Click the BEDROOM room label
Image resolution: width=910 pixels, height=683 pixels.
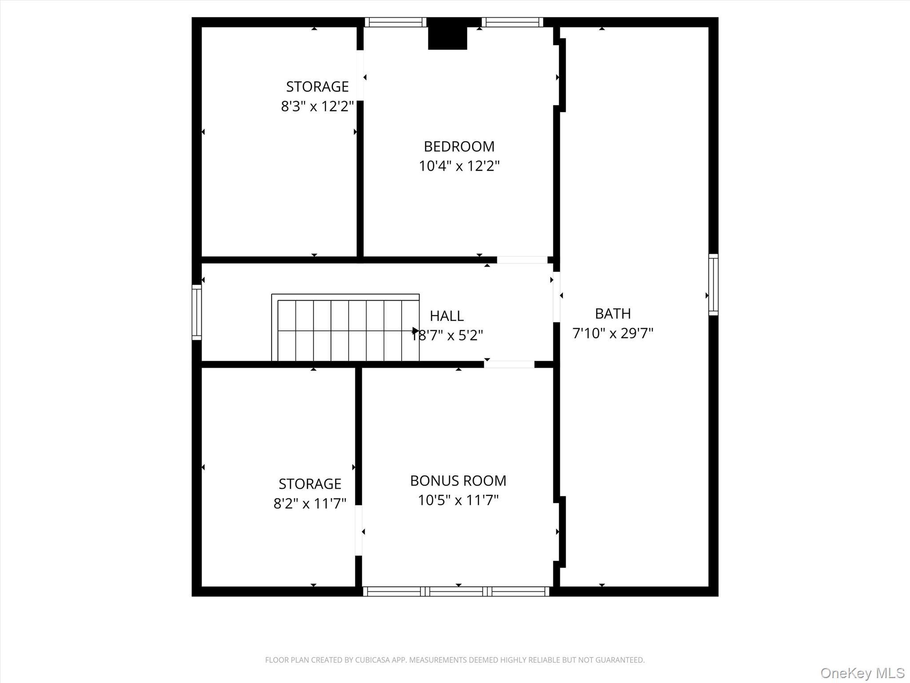[x=459, y=146]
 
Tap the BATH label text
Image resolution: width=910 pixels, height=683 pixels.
[x=613, y=314]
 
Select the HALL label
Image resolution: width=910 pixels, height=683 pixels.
[x=447, y=316]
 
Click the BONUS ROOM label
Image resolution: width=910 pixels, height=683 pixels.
[x=458, y=481]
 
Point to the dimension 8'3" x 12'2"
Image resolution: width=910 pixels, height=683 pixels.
[x=317, y=107]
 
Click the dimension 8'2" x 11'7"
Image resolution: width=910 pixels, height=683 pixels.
[x=310, y=503]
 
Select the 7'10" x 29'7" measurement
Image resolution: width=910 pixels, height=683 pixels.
[x=613, y=333]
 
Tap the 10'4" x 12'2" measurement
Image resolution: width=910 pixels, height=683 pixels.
[x=459, y=166]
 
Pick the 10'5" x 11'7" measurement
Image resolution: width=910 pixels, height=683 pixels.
[x=458, y=500]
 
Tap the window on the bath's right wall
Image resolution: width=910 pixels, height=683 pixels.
[x=713, y=285]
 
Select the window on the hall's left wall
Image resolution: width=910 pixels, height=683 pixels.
[x=196, y=312]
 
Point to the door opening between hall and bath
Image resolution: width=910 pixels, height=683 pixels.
[x=556, y=297]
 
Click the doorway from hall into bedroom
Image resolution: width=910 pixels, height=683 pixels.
[x=522, y=260]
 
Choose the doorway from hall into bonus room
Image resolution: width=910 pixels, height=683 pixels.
[x=509, y=365]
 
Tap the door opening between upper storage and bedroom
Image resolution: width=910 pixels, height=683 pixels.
[x=360, y=76]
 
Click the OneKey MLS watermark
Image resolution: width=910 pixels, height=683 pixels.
[x=862, y=673]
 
